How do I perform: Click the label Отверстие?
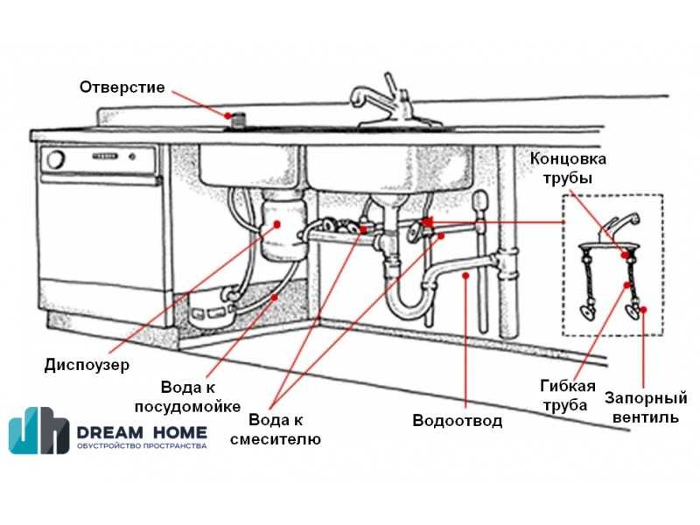click(122, 87)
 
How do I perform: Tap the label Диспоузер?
click(87, 365)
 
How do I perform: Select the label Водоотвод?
click(457, 420)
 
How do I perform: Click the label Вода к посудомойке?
click(187, 397)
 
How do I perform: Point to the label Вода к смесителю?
click(276, 429)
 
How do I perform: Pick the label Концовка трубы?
click(568, 168)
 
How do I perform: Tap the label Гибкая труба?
click(568, 395)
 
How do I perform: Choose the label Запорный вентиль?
click(646, 407)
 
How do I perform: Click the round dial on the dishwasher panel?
click(56, 159)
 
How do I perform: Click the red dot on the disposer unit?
click(276, 224)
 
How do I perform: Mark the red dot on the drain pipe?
click(465, 276)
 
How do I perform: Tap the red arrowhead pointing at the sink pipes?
click(428, 222)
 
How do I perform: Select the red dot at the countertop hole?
click(228, 115)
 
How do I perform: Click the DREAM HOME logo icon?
click(39, 430)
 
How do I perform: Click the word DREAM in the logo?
click(110, 432)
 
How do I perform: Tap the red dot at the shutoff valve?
click(643, 310)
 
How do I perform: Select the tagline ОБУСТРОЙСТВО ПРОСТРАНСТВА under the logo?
click(142, 445)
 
